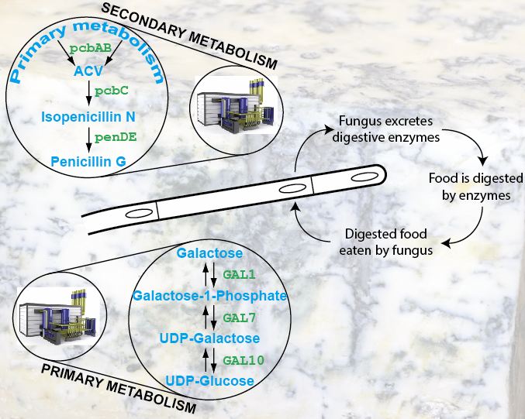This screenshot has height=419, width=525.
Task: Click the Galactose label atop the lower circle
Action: [x=209, y=253]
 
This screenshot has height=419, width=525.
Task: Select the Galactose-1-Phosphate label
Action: [x=210, y=296]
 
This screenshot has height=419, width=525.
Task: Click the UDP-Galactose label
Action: [x=209, y=338]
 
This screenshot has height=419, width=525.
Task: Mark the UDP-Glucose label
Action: [x=209, y=380]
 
